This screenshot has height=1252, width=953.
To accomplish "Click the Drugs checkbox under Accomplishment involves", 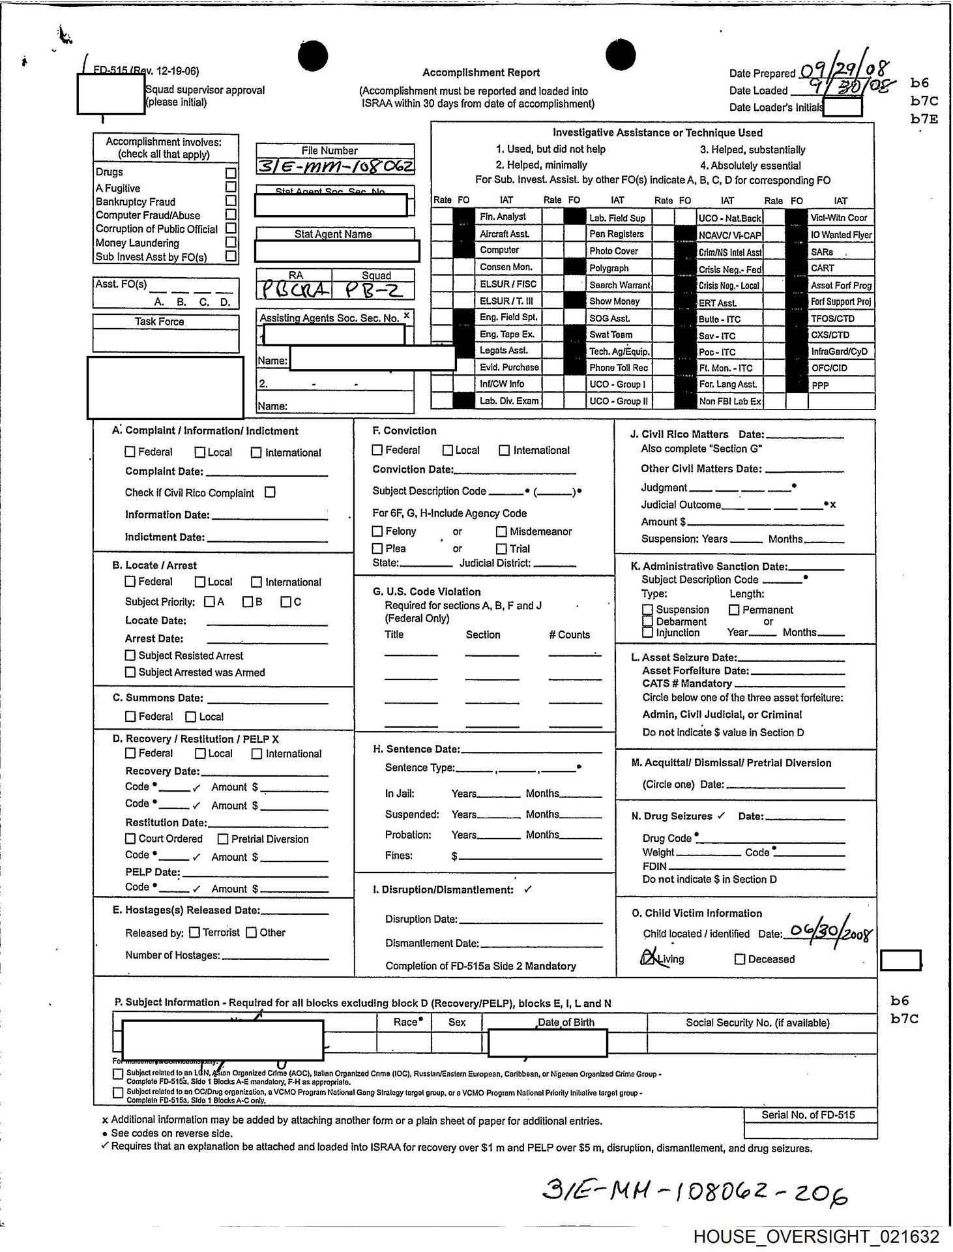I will pyautogui.click(x=230, y=173).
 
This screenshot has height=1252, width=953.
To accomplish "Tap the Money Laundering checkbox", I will pyautogui.click(x=230, y=242).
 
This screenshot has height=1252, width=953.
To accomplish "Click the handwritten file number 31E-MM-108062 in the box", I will pyautogui.click(x=335, y=166).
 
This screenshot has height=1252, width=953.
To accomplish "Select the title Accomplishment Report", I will pyautogui.click(x=481, y=73).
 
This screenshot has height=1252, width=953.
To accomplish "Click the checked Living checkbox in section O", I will pyautogui.click(x=647, y=959).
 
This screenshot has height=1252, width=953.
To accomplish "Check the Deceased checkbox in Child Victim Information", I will pyautogui.click(x=739, y=959).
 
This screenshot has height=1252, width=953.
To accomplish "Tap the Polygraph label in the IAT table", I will pyautogui.click(x=609, y=268).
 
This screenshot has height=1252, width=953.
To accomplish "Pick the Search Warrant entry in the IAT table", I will pyautogui.click(x=619, y=285).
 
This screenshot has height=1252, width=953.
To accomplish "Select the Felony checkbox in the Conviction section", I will pyautogui.click(x=377, y=531).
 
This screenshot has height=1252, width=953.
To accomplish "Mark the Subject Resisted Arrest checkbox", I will pyautogui.click(x=130, y=655).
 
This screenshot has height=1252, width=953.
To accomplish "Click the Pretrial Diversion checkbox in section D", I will pyautogui.click(x=223, y=839).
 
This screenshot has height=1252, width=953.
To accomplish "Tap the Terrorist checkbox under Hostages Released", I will pyautogui.click(x=194, y=932).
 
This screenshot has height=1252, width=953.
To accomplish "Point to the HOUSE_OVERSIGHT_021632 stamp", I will pyautogui.click(x=816, y=1236).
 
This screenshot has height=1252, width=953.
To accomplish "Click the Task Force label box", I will pyautogui.click(x=159, y=321).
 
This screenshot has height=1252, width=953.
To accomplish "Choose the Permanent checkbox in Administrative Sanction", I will pyautogui.click(x=734, y=610).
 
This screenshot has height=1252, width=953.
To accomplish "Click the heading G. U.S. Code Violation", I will pyautogui.click(x=426, y=591).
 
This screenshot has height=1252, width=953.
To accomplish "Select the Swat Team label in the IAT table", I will pyautogui.click(x=611, y=335).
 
